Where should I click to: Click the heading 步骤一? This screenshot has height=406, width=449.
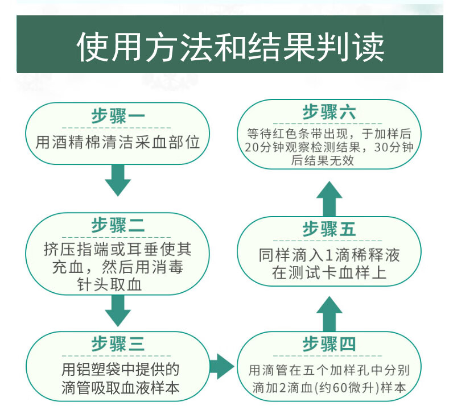click(118, 116)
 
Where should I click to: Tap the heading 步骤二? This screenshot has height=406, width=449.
click(118, 225)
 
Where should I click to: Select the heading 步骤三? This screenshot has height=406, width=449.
click(118, 343)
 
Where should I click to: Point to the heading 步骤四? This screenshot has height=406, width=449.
click(329, 343)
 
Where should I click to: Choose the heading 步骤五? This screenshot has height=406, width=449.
click(329, 229)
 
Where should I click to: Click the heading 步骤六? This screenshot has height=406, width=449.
click(329, 112)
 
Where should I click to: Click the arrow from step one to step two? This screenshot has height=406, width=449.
click(118, 181)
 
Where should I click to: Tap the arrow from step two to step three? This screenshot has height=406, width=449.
click(118, 310)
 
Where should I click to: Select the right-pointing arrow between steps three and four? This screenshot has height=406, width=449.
click(222, 366)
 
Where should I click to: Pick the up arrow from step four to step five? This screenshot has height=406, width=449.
click(329, 314)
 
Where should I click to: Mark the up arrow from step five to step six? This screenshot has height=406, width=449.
click(329, 199)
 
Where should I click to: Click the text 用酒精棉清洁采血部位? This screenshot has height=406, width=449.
click(118, 142)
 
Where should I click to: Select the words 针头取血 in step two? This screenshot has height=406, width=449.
click(109, 285)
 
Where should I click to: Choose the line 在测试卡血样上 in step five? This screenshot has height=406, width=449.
click(329, 272)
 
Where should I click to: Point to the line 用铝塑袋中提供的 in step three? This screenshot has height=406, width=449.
click(120, 370)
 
